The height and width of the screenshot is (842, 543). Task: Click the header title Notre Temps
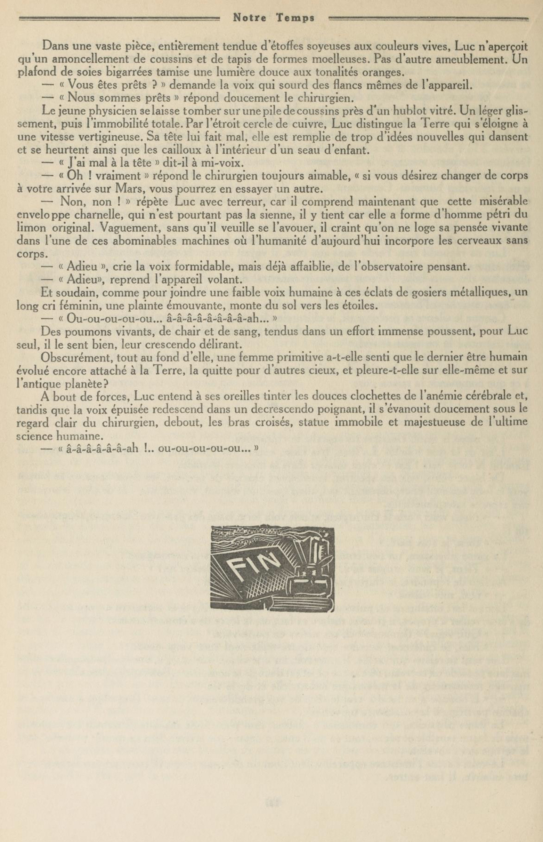pos(273,18)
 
